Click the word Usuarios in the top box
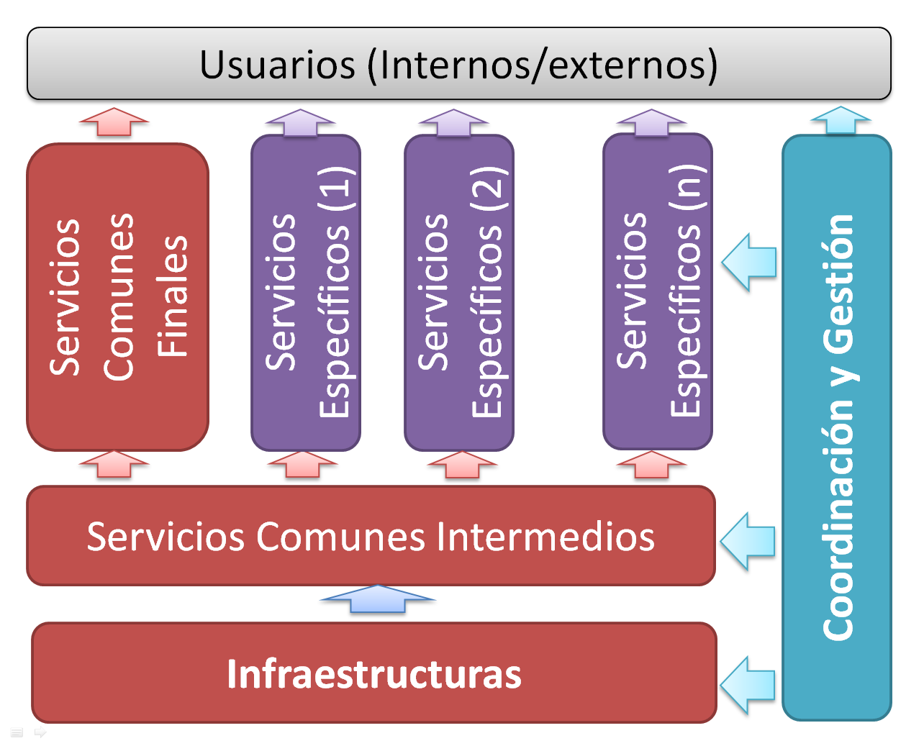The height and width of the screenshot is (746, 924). [277, 65]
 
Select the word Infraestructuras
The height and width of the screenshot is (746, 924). [373, 674]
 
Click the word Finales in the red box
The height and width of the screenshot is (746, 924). [173, 296]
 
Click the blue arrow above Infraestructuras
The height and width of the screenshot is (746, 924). [377, 599]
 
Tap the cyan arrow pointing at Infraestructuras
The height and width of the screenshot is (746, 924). [748, 684]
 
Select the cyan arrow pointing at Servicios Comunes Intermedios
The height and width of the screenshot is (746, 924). [748, 541]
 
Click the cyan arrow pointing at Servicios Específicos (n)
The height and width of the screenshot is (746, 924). [750, 262]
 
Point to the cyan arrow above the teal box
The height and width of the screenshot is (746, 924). [840, 120]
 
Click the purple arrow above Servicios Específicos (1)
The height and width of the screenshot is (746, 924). [300, 123]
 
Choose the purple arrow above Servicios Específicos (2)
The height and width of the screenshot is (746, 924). [453, 123]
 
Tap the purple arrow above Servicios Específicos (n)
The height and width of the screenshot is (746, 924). [651, 123]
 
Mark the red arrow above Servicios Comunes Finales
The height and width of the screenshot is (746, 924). [114, 121]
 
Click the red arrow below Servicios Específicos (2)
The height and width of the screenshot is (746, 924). [462, 465]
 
